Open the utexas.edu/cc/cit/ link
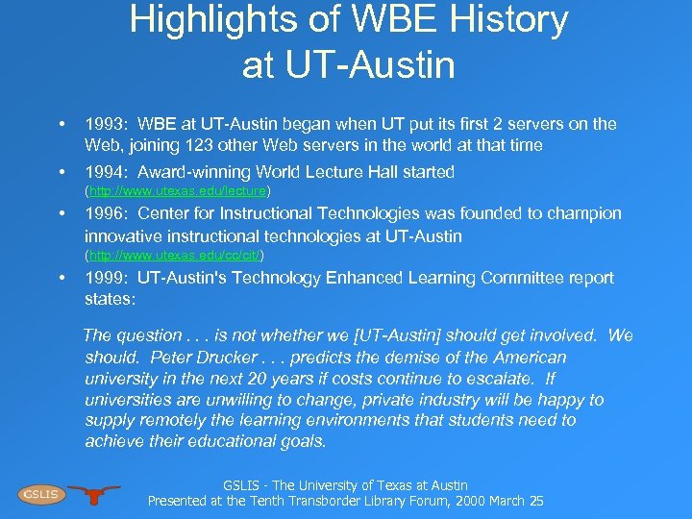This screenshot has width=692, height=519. [x=175, y=256]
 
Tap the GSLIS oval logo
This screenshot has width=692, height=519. [x=40, y=494]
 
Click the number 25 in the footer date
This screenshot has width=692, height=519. [x=535, y=501]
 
